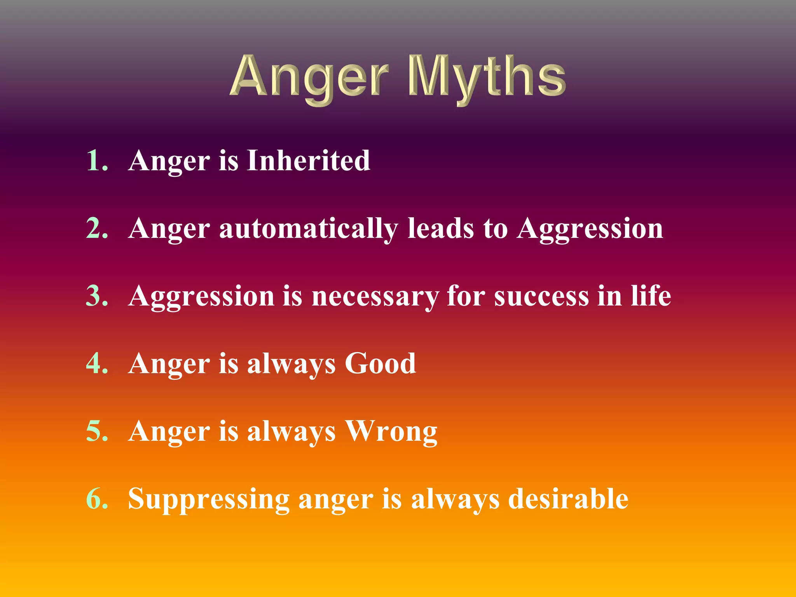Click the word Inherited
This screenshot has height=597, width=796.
click(x=308, y=160)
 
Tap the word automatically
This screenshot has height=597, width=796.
click(x=309, y=229)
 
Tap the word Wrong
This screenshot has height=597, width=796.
click(x=391, y=431)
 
